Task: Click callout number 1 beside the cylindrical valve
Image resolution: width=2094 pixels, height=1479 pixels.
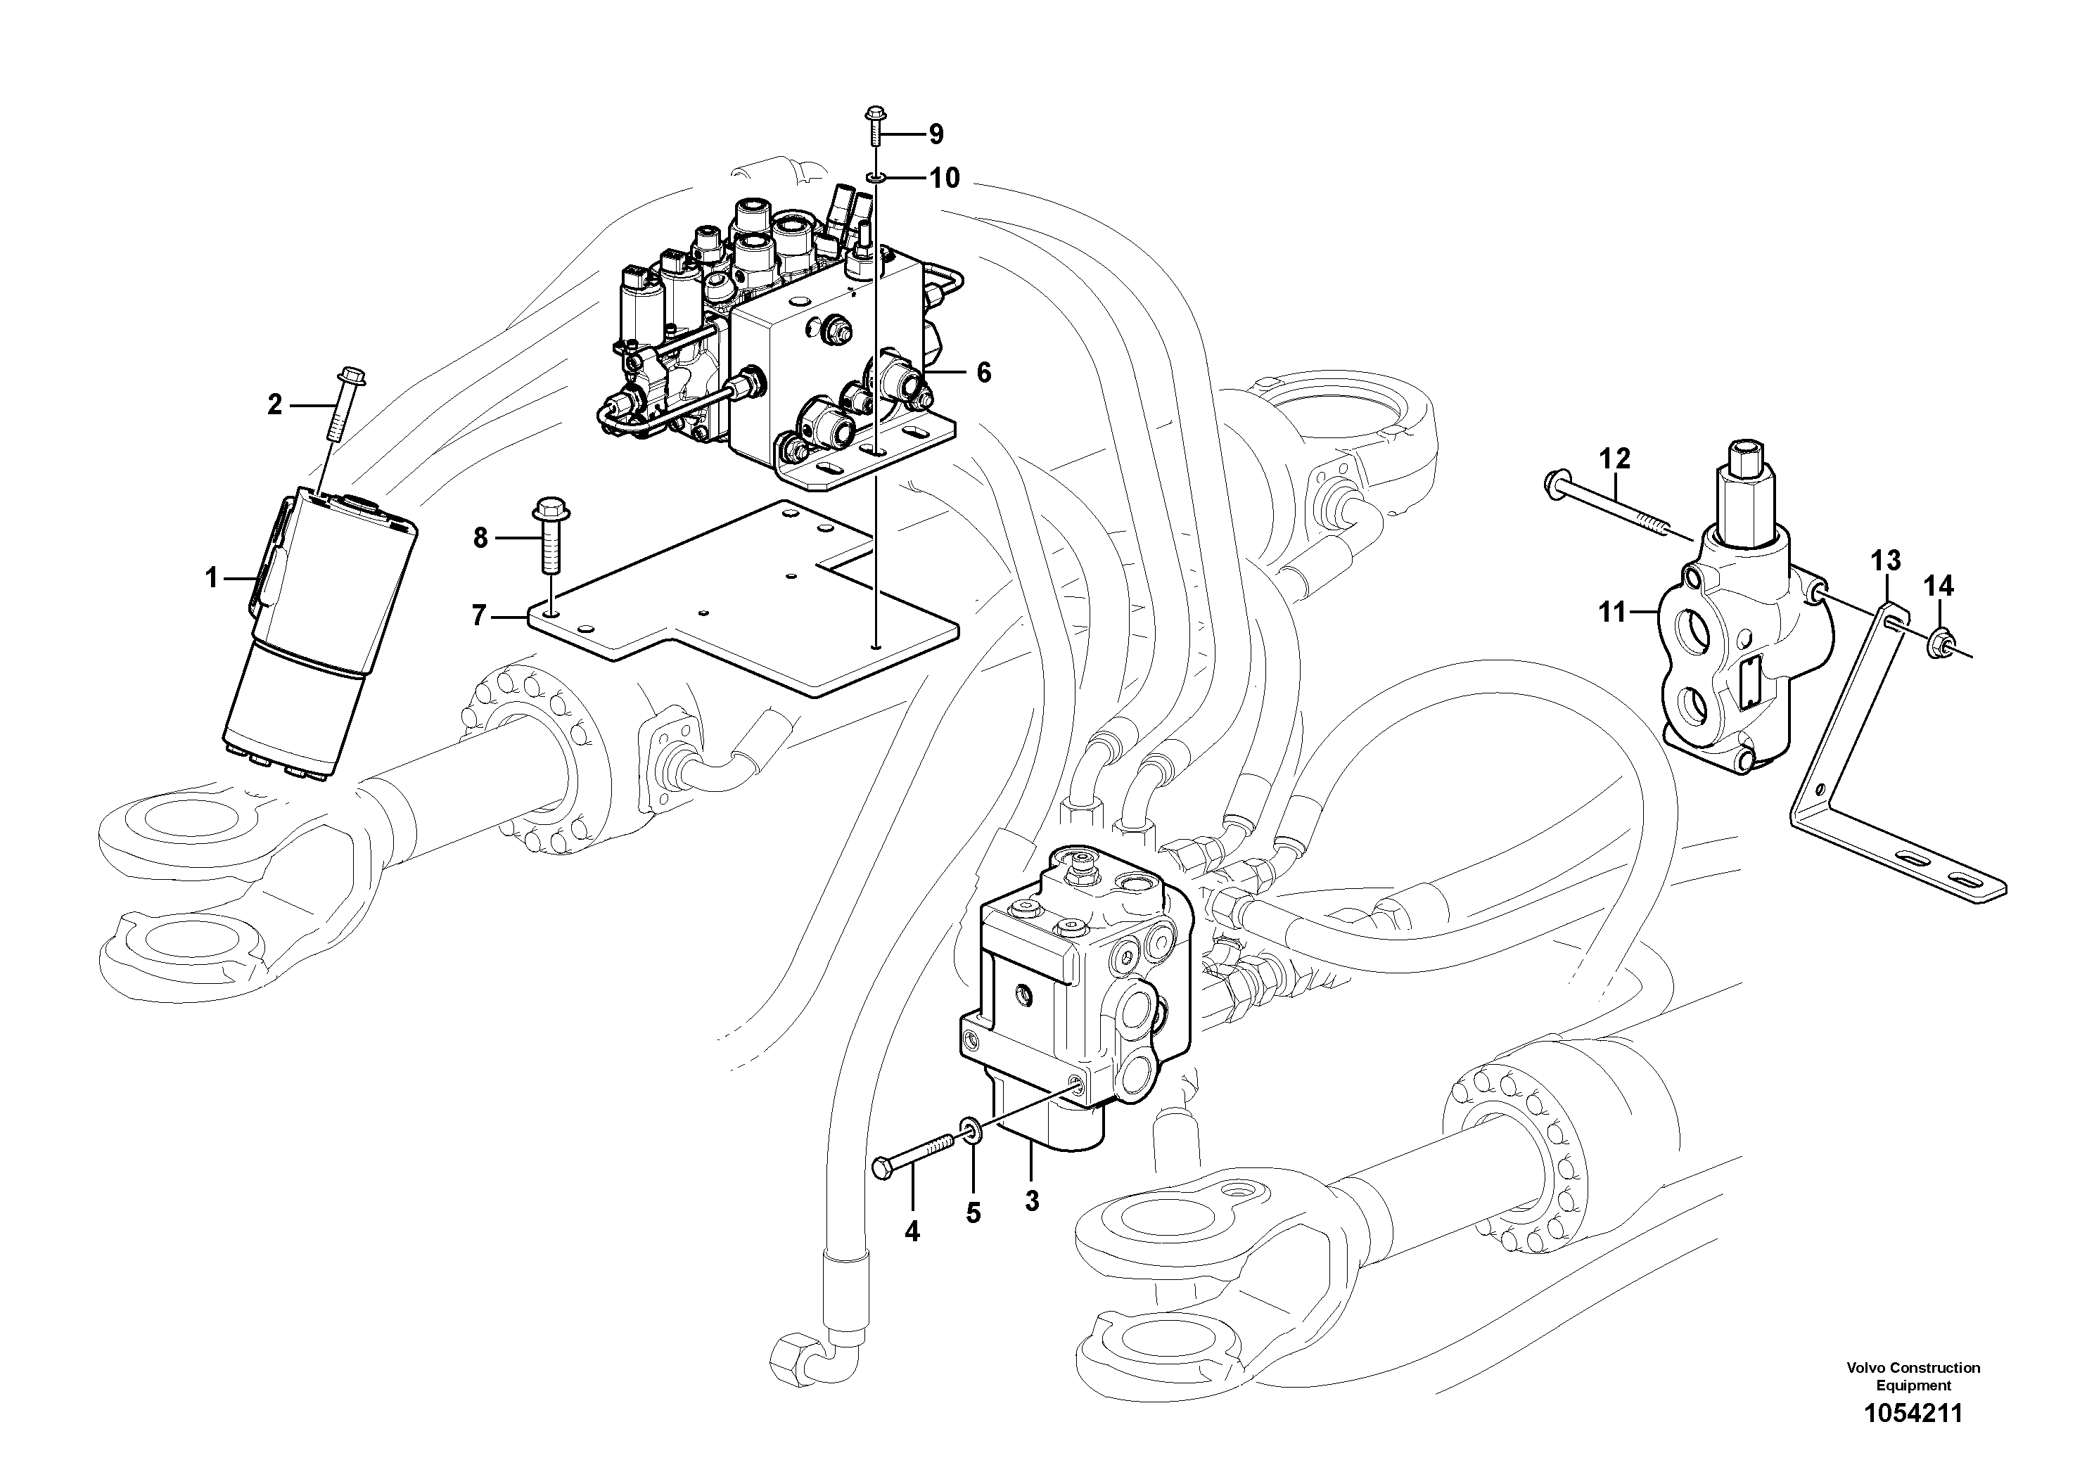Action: click(x=212, y=578)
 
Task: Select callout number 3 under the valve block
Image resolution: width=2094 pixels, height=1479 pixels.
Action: click(x=1031, y=1202)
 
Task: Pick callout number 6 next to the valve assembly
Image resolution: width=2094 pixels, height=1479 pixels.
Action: click(x=983, y=372)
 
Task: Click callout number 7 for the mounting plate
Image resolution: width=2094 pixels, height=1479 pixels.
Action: click(x=480, y=616)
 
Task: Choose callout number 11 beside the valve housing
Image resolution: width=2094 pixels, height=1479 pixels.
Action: click(x=1612, y=613)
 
